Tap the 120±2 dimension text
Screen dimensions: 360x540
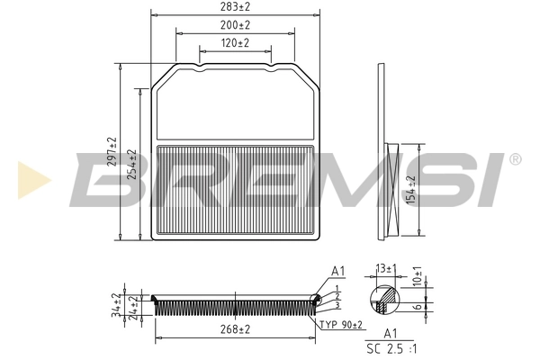pyautogui.click(x=235, y=43)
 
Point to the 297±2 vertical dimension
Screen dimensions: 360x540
pyautogui.click(x=112, y=153)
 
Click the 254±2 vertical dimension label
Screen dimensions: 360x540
pyautogui.click(x=132, y=165)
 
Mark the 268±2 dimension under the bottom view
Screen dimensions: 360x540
pyautogui.click(x=235, y=330)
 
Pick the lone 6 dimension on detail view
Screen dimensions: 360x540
pyautogui.click(x=417, y=306)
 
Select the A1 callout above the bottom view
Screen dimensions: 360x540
pyautogui.click(x=338, y=270)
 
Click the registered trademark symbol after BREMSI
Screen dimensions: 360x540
pyautogui.click(x=514, y=159)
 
